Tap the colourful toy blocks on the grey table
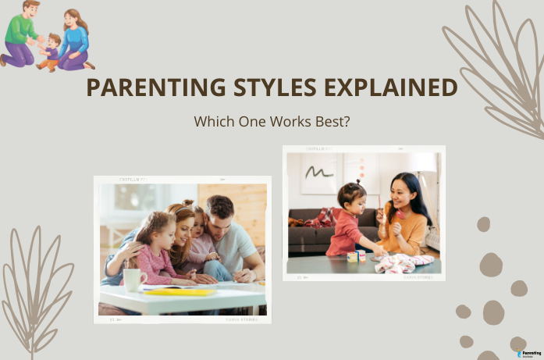(356, 255)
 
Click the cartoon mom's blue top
(76, 40)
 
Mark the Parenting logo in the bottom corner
(528, 353)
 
